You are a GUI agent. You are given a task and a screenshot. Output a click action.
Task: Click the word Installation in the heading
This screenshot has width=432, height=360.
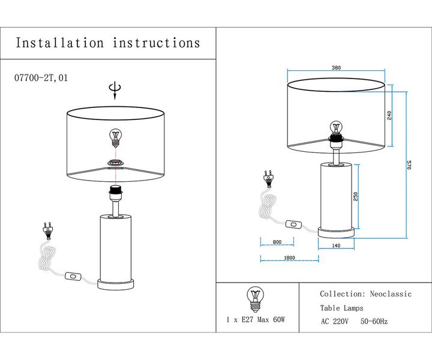click(x=59, y=43)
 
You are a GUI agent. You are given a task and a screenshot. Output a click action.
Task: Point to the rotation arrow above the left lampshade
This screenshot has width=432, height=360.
click(x=114, y=91)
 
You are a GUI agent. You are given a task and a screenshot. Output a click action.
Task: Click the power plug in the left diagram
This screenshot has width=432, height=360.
click(x=46, y=229)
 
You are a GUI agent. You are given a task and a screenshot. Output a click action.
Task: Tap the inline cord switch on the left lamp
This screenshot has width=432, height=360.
click(x=74, y=277)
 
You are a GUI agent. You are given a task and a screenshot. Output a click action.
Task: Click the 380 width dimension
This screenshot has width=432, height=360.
click(x=337, y=68)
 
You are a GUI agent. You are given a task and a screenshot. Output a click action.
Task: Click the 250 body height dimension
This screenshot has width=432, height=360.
click(x=356, y=197)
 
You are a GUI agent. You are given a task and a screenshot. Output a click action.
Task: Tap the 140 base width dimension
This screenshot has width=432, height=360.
click(x=336, y=246)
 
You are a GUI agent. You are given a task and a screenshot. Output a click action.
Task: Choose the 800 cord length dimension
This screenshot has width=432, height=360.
click(x=277, y=242)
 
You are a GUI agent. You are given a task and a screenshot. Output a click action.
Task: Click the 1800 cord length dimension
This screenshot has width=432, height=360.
click(x=289, y=258)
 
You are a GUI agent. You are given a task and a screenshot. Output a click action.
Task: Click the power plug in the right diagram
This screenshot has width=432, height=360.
click(x=268, y=178)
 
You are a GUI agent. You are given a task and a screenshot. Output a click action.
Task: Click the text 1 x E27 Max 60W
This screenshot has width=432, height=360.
click(x=256, y=320)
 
